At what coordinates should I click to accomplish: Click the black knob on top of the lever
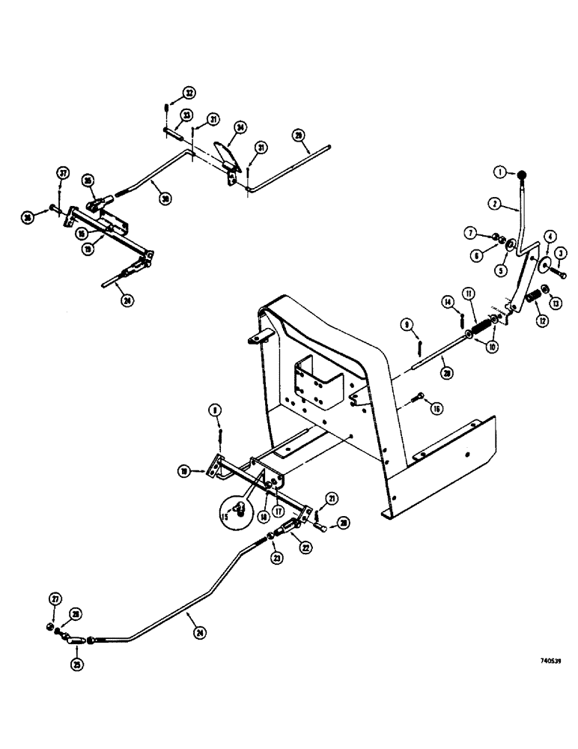point(521,175)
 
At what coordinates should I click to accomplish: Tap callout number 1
point(499,172)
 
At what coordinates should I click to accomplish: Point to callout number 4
point(550,237)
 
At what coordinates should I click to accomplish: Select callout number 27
point(55,599)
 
